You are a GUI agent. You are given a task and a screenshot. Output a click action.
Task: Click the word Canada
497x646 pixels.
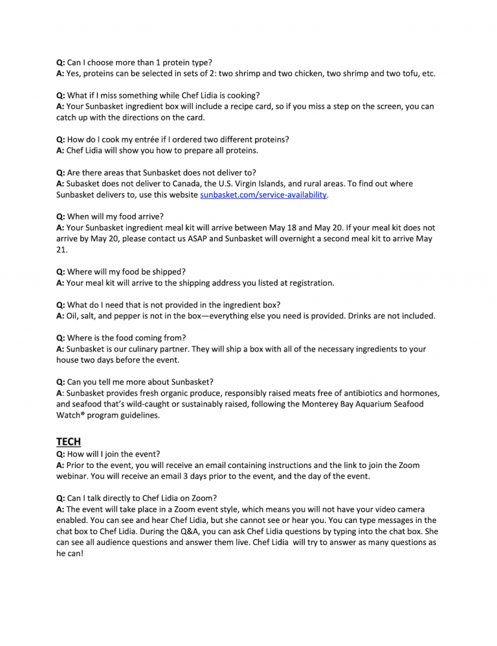coord(206,184)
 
